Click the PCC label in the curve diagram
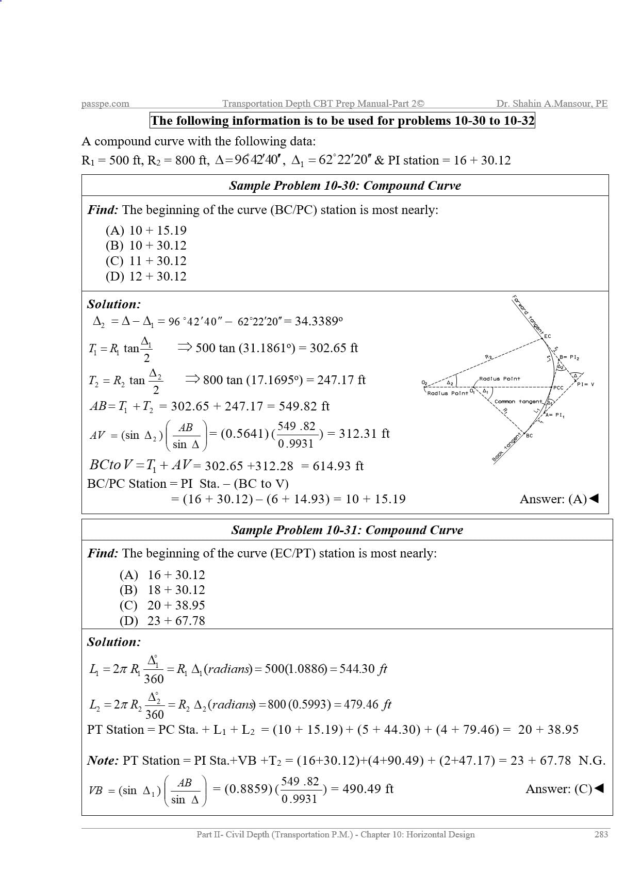coord(558,388)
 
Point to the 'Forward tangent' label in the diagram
coord(528,315)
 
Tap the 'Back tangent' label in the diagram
coord(506,449)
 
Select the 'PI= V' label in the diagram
coord(585,384)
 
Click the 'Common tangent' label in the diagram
coord(518,401)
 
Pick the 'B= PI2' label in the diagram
coord(569,357)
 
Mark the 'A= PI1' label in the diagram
coord(555,415)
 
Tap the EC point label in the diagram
coord(548,336)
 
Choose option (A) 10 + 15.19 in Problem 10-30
coord(146,230)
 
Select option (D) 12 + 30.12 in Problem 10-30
coord(146,276)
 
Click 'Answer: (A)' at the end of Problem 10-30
coord(558,499)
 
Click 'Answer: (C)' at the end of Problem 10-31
coord(564,789)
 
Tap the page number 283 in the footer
coord(601,834)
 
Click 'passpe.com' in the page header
coord(105,104)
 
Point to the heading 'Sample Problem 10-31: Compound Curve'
coord(347,530)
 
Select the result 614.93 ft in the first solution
coord(338,466)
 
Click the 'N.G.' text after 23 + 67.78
coord(592,761)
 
